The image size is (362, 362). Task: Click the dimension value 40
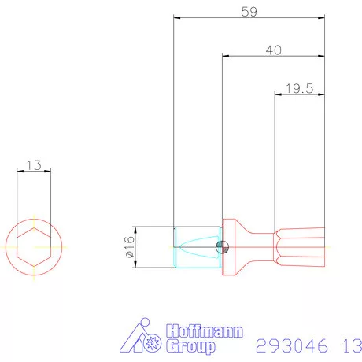coord(274,50)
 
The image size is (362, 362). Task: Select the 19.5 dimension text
coord(300,88)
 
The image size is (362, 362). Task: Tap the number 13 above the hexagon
coord(34,165)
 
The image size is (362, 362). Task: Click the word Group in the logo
coord(192,345)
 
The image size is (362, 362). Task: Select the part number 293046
coord(290,345)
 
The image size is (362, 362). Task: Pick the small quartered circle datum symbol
coord(223,247)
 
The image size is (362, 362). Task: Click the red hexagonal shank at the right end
coord(300,247)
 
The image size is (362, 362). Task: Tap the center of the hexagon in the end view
coord(34,247)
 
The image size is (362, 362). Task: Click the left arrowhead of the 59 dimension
coord(177,17)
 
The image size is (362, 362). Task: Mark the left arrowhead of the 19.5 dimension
coord(278,94)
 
